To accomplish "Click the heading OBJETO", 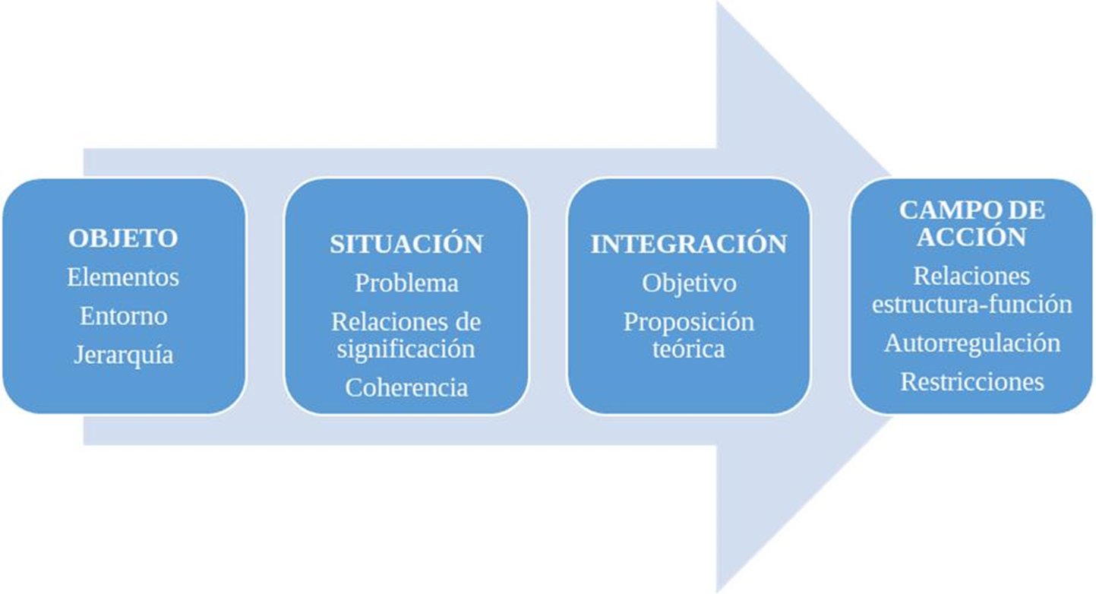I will [x=123, y=238].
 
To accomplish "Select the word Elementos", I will [x=123, y=277].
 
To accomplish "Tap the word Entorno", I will [x=123, y=316].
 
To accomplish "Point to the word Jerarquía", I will [x=123, y=355].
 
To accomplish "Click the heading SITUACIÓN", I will [x=406, y=244].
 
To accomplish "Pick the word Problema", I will [x=406, y=283].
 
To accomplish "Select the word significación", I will [x=406, y=349].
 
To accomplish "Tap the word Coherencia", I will [x=406, y=387].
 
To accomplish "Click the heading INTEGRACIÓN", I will [x=689, y=244].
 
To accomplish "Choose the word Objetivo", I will [x=689, y=283].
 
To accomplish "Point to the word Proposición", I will [x=689, y=322].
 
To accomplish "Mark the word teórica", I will [x=689, y=349].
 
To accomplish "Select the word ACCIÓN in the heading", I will [x=971, y=237].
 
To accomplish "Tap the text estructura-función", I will [x=971, y=305].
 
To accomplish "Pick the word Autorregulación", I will [x=971, y=343].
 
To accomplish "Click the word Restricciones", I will [x=971, y=381].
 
